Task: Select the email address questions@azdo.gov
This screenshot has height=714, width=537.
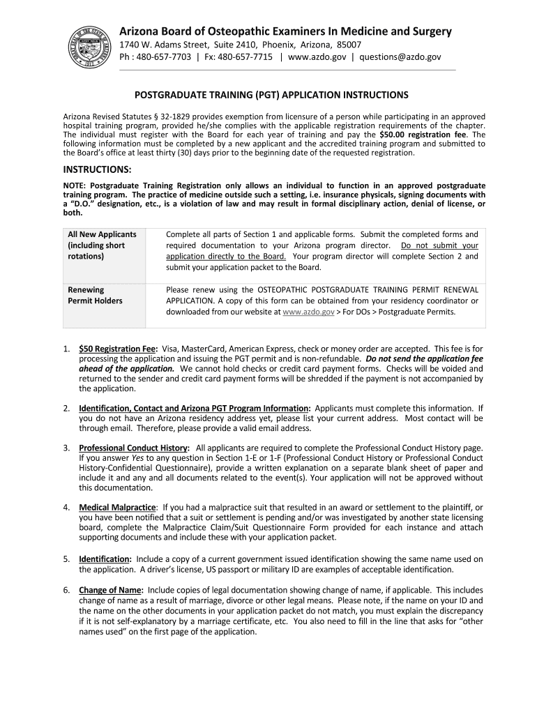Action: point(400,57)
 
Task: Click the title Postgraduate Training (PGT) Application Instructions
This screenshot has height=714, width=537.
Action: point(271,94)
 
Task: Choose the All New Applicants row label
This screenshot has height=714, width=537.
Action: point(102,234)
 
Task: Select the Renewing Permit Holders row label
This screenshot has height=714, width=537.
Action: point(95,295)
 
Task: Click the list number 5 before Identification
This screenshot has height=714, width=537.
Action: point(66,559)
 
